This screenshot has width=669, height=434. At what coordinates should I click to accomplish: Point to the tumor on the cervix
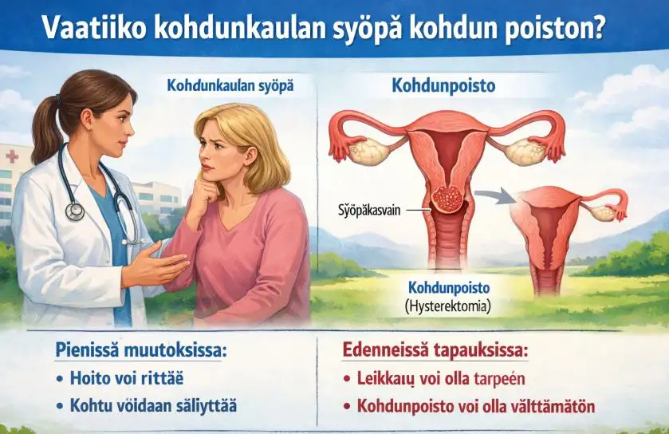click(447, 199)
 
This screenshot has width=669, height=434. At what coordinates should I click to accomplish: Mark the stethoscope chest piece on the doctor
click(75, 211)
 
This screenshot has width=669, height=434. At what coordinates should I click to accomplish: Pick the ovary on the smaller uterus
click(604, 212)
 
